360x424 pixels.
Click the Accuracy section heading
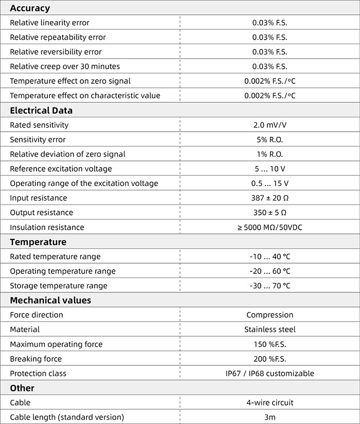coord(30,8)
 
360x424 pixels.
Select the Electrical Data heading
coord(41,110)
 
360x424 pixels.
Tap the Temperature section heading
coord(38,242)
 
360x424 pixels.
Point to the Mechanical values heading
coord(50,300)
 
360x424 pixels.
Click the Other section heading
coord(22,388)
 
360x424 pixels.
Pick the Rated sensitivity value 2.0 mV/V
coord(269,125)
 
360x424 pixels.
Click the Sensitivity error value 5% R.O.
coord(269,140)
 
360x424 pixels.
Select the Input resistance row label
coord(39,198)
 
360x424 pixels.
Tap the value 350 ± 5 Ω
coord(269,213)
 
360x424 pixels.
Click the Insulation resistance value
coord(269,227)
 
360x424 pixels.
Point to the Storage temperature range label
coord(59,286)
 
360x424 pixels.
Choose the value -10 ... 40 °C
coord(269,256)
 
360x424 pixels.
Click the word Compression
coord(269,315)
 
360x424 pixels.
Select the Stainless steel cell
coord(269,329)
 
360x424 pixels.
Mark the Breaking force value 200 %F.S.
coord(269,359)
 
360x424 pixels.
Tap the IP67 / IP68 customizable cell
coord(269,374)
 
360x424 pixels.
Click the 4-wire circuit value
coord(269,403)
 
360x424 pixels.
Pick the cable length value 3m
coord(269,417)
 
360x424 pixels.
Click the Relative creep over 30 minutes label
coord(65,66)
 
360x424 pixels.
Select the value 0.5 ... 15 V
coord(269,183)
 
